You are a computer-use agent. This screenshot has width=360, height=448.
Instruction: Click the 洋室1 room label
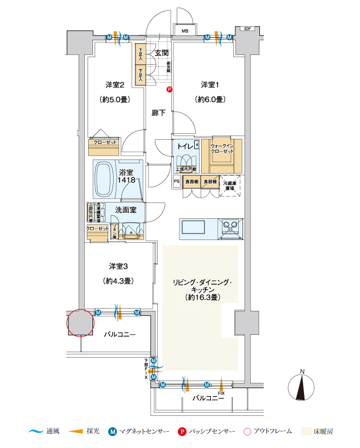point(209,84)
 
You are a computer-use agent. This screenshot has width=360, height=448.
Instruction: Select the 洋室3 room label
point(118,266)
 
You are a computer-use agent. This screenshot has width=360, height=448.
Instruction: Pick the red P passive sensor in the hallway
point(169,90)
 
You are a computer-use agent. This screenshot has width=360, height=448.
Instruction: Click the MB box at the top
point(185,31)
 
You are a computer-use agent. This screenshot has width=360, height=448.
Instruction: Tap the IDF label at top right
point(248,29)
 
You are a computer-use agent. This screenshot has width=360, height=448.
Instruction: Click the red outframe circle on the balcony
point(81,323)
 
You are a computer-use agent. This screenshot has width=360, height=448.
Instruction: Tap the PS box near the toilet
point(177,181)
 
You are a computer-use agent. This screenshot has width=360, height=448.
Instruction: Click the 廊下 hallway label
point(159,113)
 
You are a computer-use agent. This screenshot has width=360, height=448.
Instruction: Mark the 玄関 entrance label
point(160,53)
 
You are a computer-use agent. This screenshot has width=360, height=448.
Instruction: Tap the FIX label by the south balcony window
point(221,392)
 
